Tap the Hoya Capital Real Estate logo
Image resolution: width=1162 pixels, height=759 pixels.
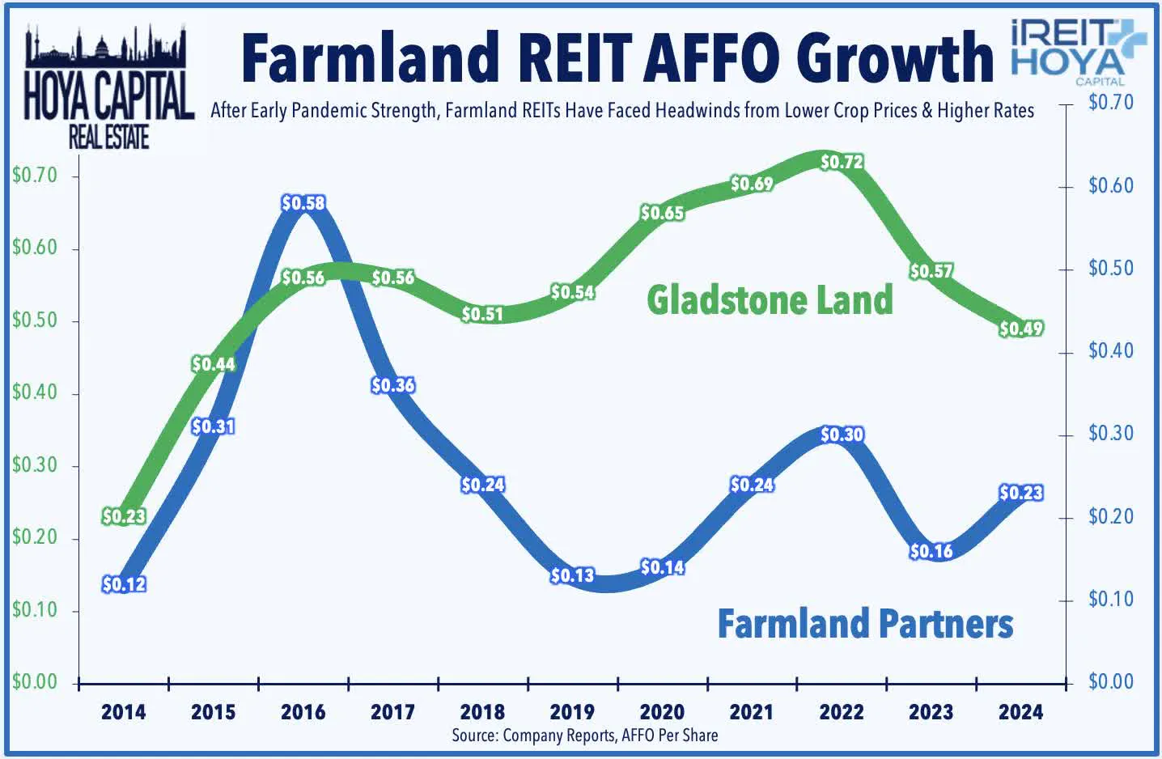coord(108,89)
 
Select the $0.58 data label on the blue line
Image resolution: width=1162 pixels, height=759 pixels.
coord(303,203)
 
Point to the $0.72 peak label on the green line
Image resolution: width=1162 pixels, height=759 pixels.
coord(842,162)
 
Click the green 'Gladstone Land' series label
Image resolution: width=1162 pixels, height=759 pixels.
coord(770,299)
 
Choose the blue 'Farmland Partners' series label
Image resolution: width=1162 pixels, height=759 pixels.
coord(865,624)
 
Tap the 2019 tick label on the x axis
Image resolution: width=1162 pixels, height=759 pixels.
coord(572,712)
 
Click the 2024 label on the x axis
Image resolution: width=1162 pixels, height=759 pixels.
coord(1020,712)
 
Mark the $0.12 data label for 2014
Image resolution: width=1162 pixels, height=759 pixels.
coord(124,584)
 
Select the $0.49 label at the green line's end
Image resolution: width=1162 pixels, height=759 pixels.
coord(1021,329)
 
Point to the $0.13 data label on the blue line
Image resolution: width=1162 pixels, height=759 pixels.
coord(572,575)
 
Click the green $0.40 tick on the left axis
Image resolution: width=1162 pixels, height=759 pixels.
coord(35,393)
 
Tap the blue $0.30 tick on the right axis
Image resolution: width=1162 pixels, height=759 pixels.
coord(1110,434)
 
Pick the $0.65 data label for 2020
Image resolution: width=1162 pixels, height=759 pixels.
coord(662,213)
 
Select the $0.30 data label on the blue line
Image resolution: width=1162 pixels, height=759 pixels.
coord(842,435)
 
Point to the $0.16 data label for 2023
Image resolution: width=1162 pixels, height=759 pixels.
coord(931,551)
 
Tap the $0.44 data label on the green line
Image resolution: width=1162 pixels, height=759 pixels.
coord(214,364)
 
